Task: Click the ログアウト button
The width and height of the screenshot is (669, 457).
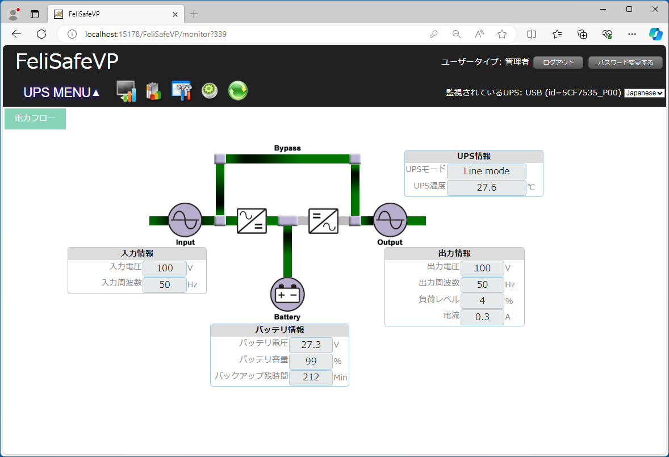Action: click(558, 62)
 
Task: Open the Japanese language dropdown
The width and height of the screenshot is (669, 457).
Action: click(644, 93)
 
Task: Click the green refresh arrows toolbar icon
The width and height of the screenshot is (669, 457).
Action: click(237, 91)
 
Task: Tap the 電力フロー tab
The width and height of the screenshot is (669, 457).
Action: click(35, 119)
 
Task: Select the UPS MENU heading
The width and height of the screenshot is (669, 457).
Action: click(61, 93)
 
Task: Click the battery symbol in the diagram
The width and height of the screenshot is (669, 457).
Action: click(287, 295)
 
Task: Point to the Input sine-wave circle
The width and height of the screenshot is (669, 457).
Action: click(185, 220)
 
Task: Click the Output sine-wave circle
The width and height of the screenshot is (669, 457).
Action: click(390, 220)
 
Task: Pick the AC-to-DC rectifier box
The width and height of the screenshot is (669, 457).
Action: click(252, 221)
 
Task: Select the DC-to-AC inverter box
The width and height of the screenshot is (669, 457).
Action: click(323, 221)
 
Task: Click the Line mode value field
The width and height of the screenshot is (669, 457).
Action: click(486, 171)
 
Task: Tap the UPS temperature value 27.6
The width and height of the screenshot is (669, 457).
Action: click(486, 187)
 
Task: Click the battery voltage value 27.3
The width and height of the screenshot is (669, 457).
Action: click(311, 345)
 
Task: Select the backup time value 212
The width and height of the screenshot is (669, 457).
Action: click(311, 378)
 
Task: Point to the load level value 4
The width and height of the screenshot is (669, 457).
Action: click(482, 300)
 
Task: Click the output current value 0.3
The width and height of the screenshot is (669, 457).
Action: click(482, 317)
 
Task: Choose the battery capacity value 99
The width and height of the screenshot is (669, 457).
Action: click(311, 361)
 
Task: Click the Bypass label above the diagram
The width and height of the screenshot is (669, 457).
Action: click(287, 148)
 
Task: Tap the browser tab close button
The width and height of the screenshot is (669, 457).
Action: click(175, 15)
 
